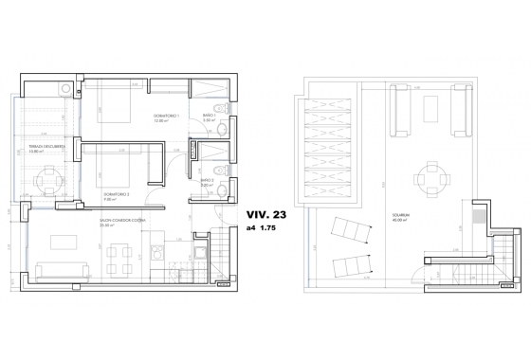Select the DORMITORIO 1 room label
[167, 117]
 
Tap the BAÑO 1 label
[210, 117]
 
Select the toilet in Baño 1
[216, 107]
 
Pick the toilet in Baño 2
[218, 190]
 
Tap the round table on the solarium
[430, 175]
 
